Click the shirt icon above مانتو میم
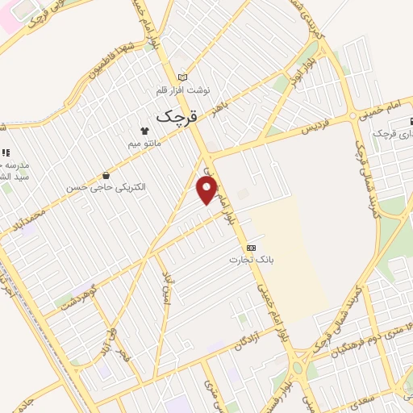click(145, 130)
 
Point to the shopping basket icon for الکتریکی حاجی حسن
click(106, 176)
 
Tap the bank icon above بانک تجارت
click(252, 248)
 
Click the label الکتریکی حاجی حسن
click(106, 187)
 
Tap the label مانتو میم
click(145, 144)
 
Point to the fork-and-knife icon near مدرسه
click(5, 152)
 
